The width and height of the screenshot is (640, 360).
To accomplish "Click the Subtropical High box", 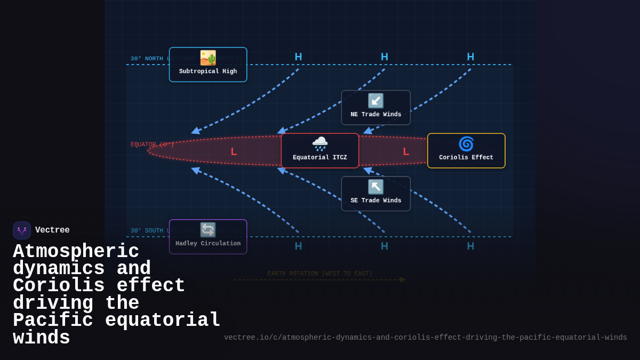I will tap(208, 65).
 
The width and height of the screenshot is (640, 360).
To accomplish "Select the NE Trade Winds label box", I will tap(376, 108).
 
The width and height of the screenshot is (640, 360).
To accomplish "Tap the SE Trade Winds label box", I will tap(376, 194).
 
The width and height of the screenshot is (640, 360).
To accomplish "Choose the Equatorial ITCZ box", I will tap(320, 151).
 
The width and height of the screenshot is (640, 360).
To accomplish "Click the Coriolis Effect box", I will tap(466, 151).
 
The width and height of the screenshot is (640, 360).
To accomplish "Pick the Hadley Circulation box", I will tap(208, 237).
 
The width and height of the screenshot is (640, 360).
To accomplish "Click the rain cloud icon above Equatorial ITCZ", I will tap(320, 143).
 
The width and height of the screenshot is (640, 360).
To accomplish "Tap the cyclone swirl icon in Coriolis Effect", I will tap(466, 144).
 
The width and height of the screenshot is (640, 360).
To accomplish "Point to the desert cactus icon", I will tap(208, 58).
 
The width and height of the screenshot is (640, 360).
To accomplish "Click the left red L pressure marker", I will tap(234, 151).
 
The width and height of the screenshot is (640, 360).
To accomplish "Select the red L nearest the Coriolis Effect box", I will tap(406, 151).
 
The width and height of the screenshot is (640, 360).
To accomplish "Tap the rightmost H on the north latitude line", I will tap(470, 57).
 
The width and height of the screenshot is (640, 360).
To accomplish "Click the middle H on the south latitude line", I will tap(385, 246).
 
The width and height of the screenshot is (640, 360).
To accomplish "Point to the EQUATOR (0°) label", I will tap(153, 145).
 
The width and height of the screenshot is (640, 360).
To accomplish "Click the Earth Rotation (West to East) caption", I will tap(320, 274).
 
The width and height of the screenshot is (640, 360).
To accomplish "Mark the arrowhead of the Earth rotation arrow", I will tap(403, 279).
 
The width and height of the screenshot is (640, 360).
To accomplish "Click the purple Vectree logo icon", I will tap(22, 230).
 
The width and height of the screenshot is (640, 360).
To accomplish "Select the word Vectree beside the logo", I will tap(52, 230).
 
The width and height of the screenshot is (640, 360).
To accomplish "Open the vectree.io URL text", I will tap(425, 337).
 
